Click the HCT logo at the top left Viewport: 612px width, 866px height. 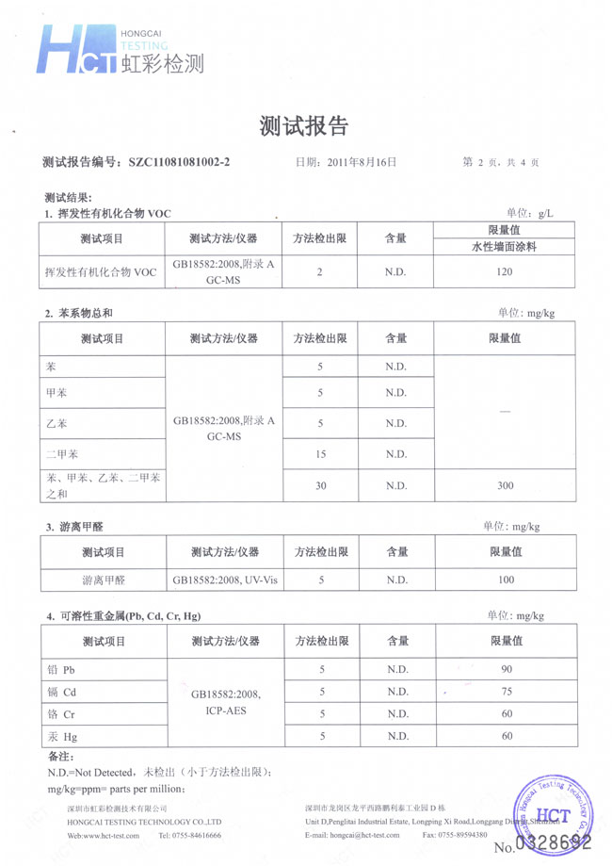(x=75, y=50)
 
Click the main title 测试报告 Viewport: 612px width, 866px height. (x=304, y=125)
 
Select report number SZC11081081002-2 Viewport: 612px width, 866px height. (x=178, y=162)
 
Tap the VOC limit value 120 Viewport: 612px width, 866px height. (x=504, y=272)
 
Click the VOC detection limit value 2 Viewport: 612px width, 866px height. (x=320, y=272)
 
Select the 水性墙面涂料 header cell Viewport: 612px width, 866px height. (x=504, y=247)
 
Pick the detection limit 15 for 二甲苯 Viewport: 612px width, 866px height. (x=320, y=454)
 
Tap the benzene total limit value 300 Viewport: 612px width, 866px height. (x=504, y=485)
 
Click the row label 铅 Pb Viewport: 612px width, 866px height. (x=60, y=670)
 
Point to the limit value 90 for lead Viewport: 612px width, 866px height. (x=507, y=670)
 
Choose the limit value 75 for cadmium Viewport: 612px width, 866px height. (x=507, y=692)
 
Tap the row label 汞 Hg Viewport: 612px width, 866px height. (x=60, y=736)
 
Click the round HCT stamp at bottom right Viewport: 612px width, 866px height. (x=546, y=809)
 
